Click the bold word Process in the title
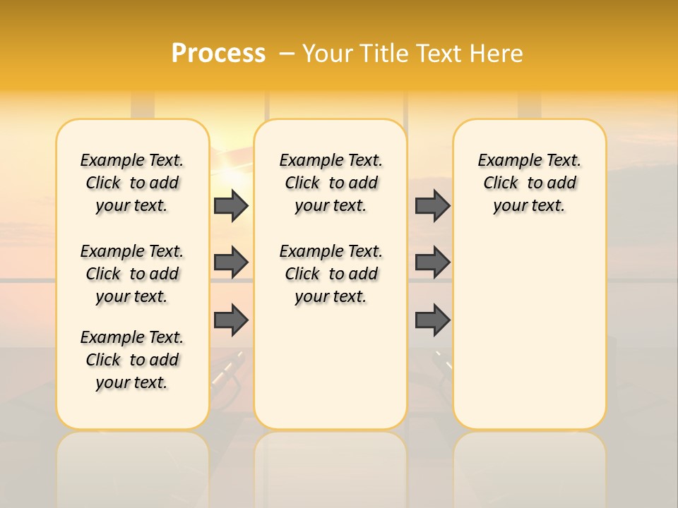coord(218,53)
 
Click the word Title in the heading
coord(381,54)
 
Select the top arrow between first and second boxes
coord(231,206)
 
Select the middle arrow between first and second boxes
coord(231,262)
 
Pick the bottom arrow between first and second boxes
coord(231,320)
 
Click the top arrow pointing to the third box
coord(432,206)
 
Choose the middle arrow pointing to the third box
coord(432,262)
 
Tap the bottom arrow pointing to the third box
coord(432,320)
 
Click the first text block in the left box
coord(132,183)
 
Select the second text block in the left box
coord(132,274)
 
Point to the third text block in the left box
coord(132,360)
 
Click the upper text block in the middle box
coord(331,183)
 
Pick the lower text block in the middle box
coord(331,274)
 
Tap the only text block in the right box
coord(529,183)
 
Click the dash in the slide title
coord(286,54)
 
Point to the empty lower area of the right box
coord(529,332)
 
